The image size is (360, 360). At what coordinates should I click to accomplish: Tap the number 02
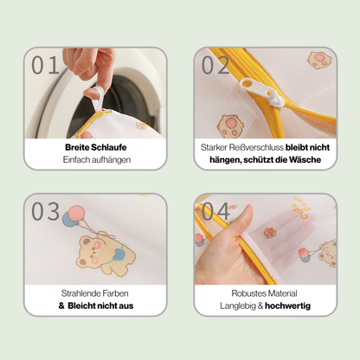pyautogui.click(x=216, y=65)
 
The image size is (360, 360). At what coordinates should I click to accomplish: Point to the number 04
pyautogui.click(x=216, y=212)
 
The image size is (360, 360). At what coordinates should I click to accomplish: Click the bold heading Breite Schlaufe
pyautogui.click(x=94, y=146)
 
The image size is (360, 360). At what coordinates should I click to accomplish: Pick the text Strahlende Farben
pyautogui.click(x=95, y=292)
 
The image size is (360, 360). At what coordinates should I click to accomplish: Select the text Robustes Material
pyautogui.click(x=265, y=292)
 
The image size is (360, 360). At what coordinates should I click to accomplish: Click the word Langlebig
pyautogui.click(x=240, y=305)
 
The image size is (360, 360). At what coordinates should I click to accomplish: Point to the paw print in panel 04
pyautogui.click(x=270, y=232)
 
